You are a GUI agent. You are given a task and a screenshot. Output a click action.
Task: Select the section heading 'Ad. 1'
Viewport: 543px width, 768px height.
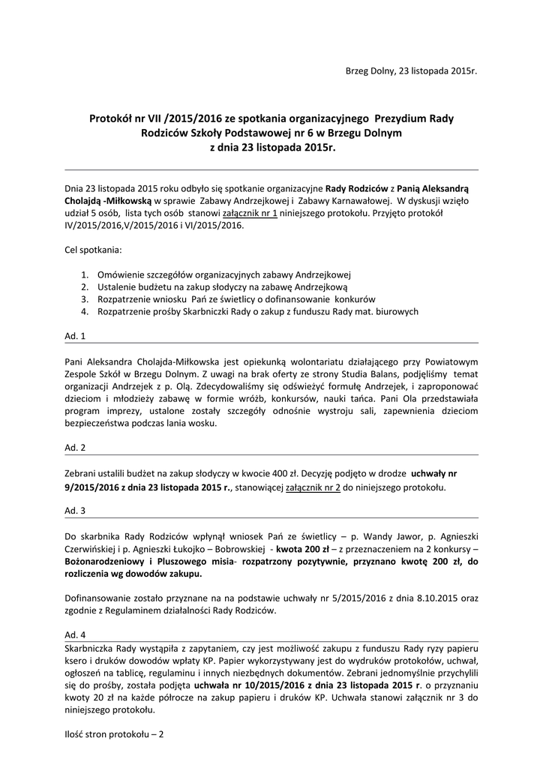tap(75, 336)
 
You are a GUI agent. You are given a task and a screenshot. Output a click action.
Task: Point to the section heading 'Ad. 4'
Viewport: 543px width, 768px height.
tap(75, 634)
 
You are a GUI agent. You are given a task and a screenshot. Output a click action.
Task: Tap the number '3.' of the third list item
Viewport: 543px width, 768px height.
tap(85, 298)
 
